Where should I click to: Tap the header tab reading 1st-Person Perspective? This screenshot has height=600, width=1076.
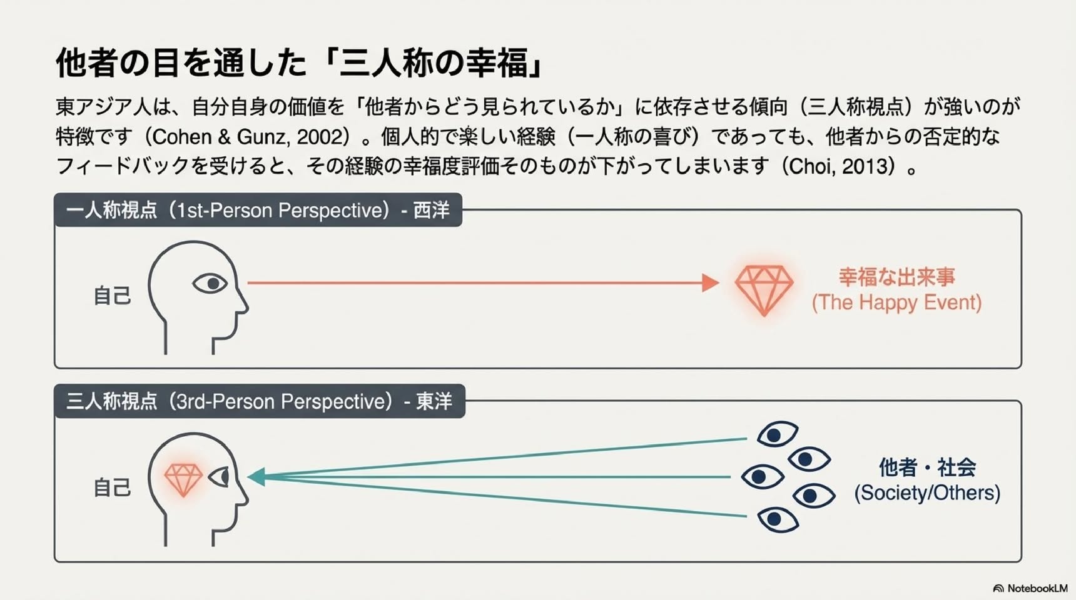[x=258, y=210]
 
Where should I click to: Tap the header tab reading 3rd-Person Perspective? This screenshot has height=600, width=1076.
[x=260, y=401]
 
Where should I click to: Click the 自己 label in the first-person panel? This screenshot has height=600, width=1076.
[x=112, y=296]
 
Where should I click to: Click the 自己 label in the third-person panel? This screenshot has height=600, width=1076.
[x=112, y=487]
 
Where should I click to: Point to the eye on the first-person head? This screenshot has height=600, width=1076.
[x=210, y=284]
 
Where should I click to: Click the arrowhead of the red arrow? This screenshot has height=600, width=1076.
[x=711, y=282]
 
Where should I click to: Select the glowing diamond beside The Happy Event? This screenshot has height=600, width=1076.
[x=764, y=290]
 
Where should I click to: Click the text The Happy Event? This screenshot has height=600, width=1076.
[x=896, y=303]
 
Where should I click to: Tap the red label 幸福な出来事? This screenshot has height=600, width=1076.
[x=896, y=277]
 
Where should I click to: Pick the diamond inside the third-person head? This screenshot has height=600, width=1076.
[x=183, y=479]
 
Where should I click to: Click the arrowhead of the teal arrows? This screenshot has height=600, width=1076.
[x=256, y=477]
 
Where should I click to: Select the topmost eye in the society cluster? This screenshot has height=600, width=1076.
[x=777, y=434]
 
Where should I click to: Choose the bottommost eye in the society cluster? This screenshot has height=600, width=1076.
[x=778, y=519]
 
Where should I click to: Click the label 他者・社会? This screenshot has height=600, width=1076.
[x=927, y=467]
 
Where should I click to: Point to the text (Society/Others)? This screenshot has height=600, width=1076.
[x=927, y=493]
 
